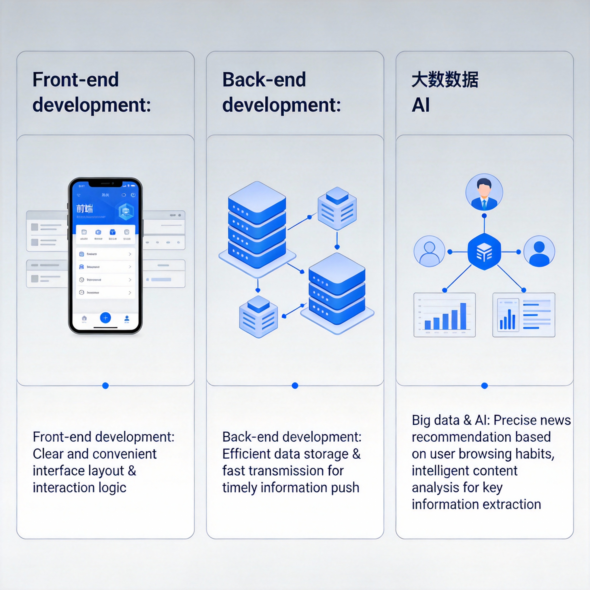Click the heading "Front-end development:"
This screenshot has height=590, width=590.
(x=92, y=92)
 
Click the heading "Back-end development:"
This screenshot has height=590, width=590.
(x=281, y=92)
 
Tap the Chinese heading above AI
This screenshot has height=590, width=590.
(x=445, y=80)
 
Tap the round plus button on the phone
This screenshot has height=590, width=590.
(x=105, y=318)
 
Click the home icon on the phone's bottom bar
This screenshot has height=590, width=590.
(x=84, y=318)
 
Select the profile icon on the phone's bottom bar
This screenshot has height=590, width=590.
(x=127, y=319)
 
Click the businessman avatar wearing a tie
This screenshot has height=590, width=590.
(x=484, y=192)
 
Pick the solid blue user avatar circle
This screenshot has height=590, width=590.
(x=539, y=251)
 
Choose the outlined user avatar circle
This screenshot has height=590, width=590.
(x=429, y=251)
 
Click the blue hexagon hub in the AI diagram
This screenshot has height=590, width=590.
(x=484, y=251)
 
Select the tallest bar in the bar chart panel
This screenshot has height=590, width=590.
(x=463, y=316)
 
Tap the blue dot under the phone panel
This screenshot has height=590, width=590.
(x=105, y=386)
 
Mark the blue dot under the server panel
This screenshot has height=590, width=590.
(x=295, y=386)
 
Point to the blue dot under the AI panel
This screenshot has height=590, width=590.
(x=484, y=386)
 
